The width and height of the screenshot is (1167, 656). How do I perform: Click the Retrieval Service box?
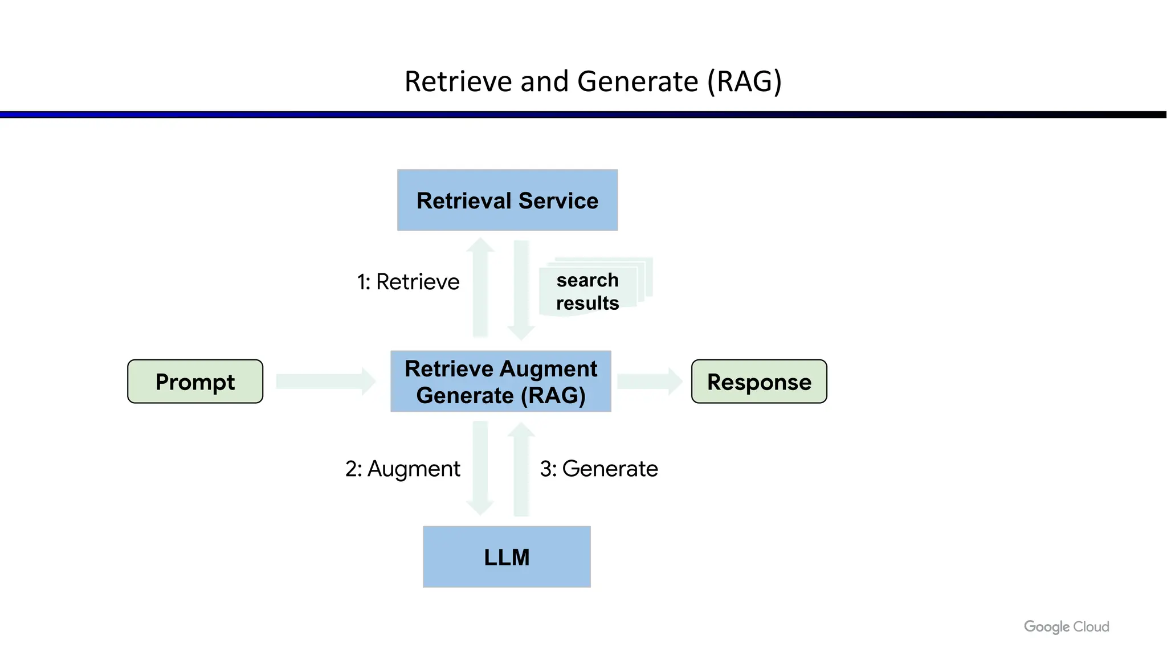point(507,200)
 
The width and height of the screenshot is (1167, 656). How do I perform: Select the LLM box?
point(507,557)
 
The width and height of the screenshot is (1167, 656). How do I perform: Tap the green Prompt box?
point(195,382)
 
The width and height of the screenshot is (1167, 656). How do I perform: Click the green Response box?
point(759,382)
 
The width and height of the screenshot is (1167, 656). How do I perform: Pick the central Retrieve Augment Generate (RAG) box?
point(501,382)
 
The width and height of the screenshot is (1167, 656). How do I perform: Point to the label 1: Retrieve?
point(408,282)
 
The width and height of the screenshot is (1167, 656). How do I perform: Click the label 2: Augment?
point(402,469)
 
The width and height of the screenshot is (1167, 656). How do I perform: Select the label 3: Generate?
point(599,469)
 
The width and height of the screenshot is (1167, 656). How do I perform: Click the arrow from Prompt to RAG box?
point(325,382)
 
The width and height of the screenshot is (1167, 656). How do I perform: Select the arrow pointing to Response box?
point(650,382)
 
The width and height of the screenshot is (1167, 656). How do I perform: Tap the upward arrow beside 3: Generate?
point(521,469)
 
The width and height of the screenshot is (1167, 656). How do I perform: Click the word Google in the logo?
point(1046,627)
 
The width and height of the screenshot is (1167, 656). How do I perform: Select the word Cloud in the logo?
point(1091,627)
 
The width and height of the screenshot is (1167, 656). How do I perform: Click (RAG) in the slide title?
point(744,81)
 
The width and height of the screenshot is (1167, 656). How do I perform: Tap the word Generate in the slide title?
point(638,81)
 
